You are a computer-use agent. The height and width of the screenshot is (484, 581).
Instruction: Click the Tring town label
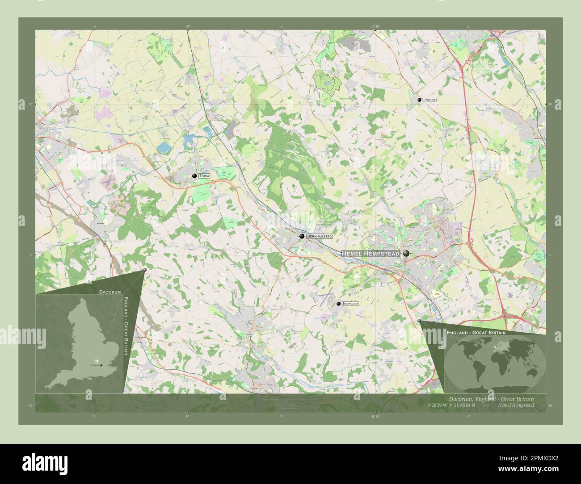click(x=204, y=176)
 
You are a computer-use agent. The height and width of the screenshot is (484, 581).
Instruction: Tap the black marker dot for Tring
click(x=194, y=176)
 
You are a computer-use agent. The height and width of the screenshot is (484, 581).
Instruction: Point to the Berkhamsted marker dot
click(x=302, y=236)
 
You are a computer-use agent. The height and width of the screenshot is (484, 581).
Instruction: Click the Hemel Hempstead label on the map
click(x=370, y=253)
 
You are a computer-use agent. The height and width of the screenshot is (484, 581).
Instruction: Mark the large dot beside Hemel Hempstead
click(x=406, y=253)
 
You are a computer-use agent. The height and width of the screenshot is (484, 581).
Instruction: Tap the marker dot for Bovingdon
click(x=338, y=304)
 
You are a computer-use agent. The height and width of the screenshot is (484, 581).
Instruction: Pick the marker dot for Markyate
click(x=419, y=100)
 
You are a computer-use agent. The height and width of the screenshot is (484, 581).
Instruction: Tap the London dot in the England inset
click(x=101, y=365)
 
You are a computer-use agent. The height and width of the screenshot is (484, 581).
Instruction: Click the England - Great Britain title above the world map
click(x=476, y=333)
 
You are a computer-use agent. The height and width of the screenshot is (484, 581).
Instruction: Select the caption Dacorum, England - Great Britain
click(x=491, y=398)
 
